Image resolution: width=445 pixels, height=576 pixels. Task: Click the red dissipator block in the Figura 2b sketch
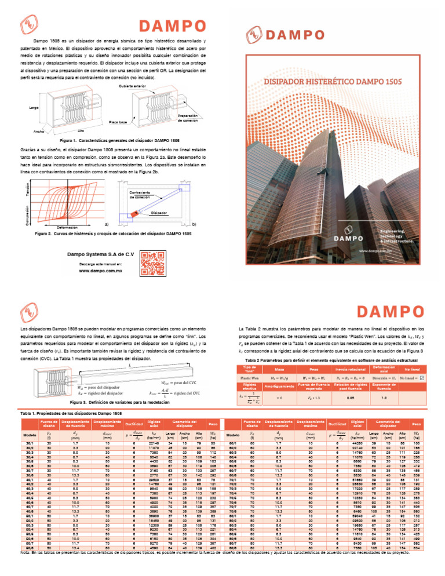(135, 214)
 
